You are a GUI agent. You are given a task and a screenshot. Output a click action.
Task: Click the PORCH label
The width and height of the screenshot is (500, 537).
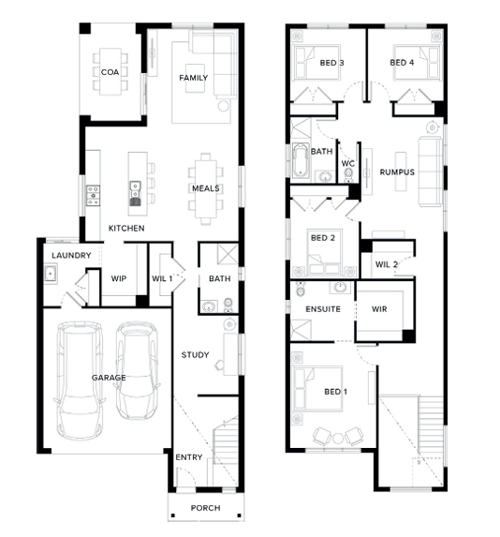pyautogui.click(x=205, y=508)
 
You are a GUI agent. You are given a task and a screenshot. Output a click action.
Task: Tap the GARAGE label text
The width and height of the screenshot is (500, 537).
pyautogui.click(x=109, y=378)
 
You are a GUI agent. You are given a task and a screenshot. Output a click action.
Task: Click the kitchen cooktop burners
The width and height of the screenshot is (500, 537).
pyautogui.click(x=93, y=196)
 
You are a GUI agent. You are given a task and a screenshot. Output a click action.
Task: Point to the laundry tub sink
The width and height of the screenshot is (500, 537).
pyautogui.click(x=51, y=274)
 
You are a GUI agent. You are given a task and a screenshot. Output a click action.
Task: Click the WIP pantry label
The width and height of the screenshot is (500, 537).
pyautogui.click(x=119, y=278)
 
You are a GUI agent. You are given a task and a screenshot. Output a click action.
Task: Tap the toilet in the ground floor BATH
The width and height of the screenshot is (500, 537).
pyautogui.click(x=228, y=306)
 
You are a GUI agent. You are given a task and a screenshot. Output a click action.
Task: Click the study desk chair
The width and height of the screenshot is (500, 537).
pyautogui.click(x=219, y=365)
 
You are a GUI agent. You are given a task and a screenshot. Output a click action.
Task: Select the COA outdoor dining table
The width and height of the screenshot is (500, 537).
pyautogui.click(x=110, y=71)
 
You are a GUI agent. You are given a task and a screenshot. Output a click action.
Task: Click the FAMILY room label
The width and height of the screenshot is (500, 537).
pyautogui.click(x=194, y=78)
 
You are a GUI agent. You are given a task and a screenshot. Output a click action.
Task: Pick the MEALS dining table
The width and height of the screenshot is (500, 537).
pyautogui.click(x=206, y=189)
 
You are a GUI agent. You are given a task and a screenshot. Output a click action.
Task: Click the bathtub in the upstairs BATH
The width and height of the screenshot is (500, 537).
pyautogui.click(x=301, y=161)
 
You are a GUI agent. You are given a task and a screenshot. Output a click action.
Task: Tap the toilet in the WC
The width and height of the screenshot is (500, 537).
pyautogui.click(x=348, y=174)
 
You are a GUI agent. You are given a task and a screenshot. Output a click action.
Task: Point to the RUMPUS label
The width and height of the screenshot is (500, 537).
pyautogui.click(x=397, y=172)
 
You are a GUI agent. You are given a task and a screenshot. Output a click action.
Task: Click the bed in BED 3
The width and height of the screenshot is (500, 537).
pyautogui.click(x=316, y=63)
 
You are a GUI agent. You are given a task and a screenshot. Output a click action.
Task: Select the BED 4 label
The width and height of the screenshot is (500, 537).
pyautogui.click(x=402, y=63)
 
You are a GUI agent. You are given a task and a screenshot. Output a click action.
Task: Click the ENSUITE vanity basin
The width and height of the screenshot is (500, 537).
pyautogui.click(x=340, y=288)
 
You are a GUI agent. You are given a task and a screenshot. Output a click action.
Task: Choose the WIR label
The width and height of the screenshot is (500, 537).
pyautogui.click(x=379, y=309)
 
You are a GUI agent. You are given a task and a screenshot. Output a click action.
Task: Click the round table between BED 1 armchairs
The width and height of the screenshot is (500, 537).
pyautogui.click(x=338, y=439)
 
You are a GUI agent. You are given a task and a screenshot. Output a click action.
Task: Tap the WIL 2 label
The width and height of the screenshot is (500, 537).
pyautogui.click(x=387, y=264)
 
